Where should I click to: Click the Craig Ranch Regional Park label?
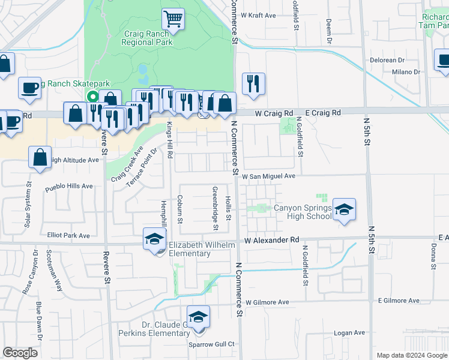coord(147,38)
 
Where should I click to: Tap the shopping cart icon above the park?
coord(173,19)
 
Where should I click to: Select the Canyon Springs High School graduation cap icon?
coord(344,209)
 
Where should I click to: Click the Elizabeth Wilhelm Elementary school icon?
coord(154,239)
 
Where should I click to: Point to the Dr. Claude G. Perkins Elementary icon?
coord(199,317)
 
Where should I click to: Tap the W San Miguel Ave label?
coord(269,176)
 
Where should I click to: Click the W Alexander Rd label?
coord(272,240)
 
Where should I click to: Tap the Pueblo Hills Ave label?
coord(69,186)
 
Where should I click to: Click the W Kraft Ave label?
coord(258,14)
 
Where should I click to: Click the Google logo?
coord(20,353)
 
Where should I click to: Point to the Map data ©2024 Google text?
coord(411,355)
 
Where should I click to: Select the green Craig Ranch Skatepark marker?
coord(92,97)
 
